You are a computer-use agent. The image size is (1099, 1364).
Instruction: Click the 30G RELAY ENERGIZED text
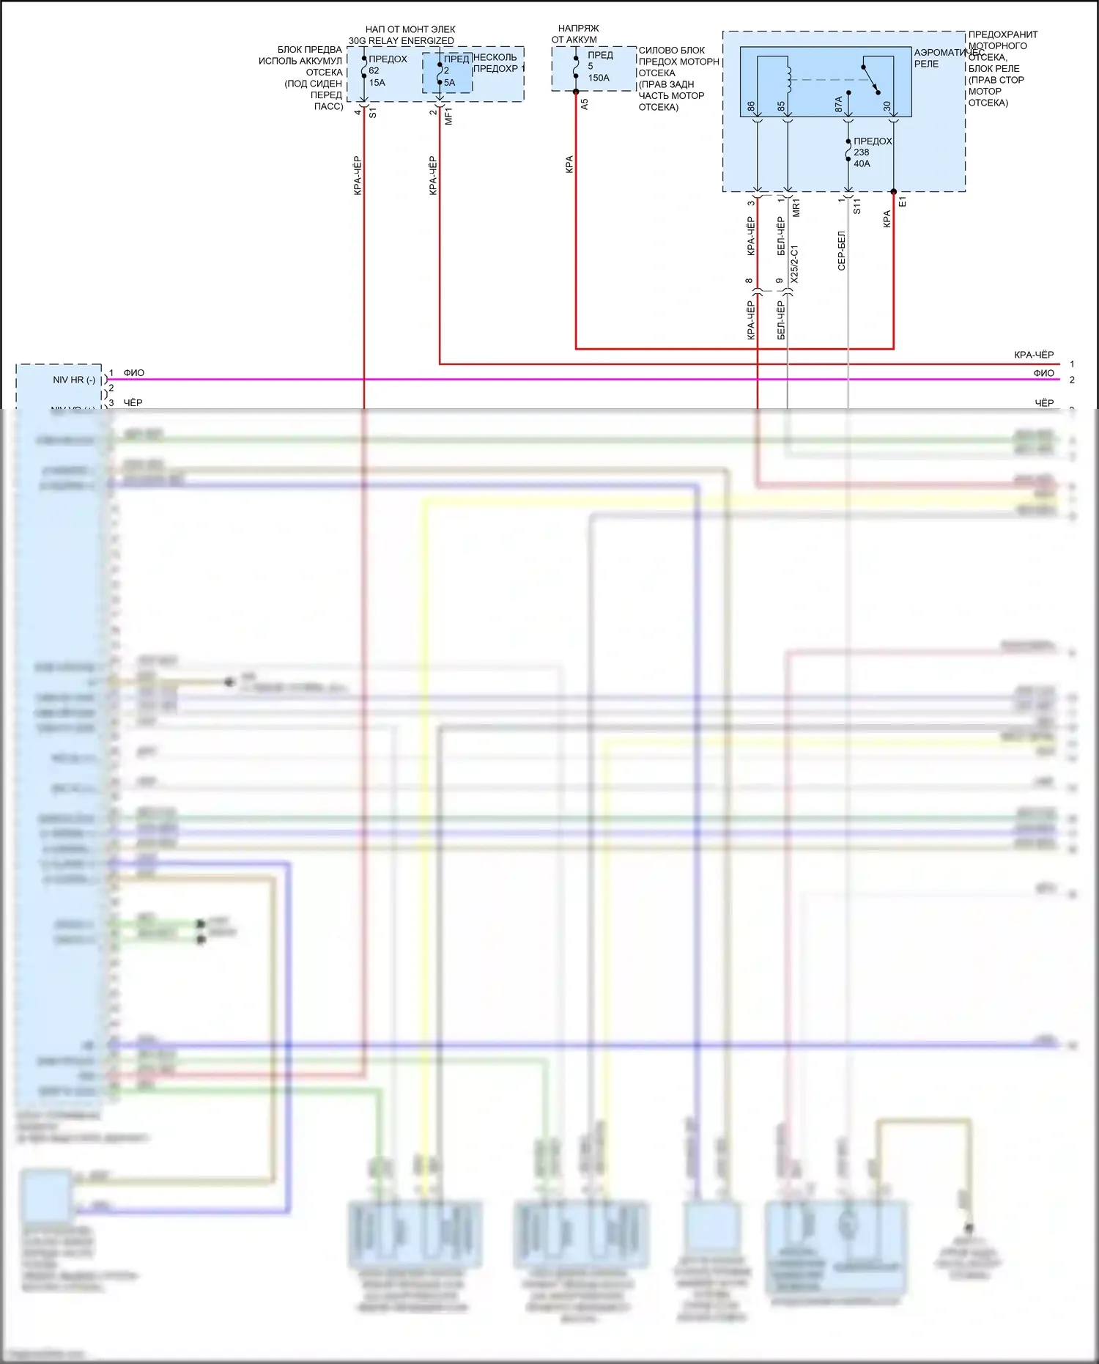(401, 41)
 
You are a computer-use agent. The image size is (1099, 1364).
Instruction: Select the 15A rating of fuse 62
(377, 83)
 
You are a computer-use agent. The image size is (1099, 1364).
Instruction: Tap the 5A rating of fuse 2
(449, 83)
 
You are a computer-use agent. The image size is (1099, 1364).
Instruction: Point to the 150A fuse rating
(599, 78)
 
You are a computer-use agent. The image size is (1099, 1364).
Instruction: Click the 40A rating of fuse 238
(862, 163)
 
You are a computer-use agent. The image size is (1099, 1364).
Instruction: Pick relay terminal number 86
(752, 107)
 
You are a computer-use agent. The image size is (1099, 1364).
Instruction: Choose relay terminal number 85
(782, 107)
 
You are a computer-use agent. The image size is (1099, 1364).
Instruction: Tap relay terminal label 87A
(839, 105)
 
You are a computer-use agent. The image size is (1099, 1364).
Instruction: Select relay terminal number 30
(887, 107)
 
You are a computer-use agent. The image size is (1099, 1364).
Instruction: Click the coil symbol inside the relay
(789, 78)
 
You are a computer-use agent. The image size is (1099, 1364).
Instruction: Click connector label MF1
(449, 117)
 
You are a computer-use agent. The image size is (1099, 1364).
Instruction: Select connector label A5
(584, 105)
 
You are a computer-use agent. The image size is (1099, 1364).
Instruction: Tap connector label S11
(856, 206)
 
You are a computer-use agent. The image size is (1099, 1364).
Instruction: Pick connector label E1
(903, 202)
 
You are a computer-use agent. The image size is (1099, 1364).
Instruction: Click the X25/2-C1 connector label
(795, 265)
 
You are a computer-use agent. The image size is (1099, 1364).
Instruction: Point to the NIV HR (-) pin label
(73, 380)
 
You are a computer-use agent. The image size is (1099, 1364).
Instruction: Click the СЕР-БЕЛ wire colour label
(841, 251)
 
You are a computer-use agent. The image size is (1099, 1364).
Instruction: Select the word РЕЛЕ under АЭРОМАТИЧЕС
(926, 64)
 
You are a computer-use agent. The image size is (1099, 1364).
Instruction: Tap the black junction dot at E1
(894, 192)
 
